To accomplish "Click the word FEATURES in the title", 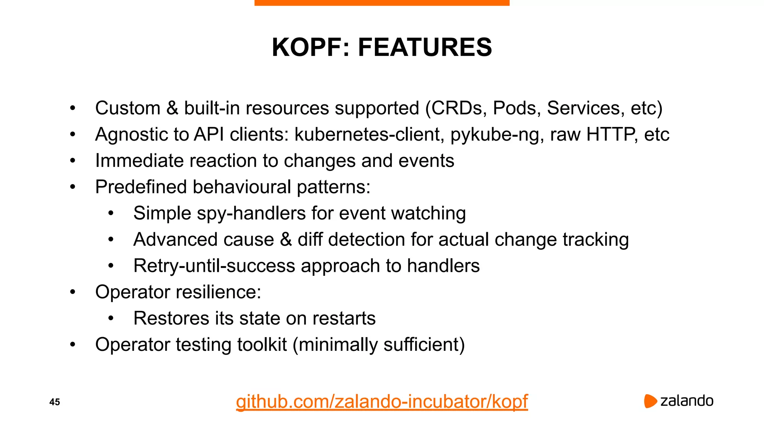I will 425,47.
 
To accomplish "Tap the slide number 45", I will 54,402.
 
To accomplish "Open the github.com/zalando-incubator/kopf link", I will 382,402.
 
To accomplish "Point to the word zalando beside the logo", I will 687,401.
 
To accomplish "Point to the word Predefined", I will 141,187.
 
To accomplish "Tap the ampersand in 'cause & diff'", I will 286,240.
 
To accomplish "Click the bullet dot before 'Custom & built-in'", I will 73,109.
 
